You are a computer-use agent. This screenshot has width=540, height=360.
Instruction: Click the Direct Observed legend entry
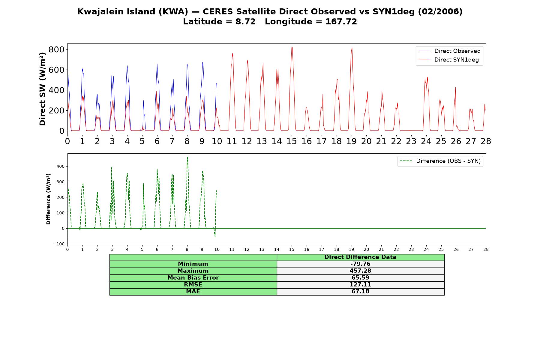pyautogui.click(x=449, y=51)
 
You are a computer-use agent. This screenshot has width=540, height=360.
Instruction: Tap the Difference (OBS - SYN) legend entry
pyautogui.click(x=440, y=161)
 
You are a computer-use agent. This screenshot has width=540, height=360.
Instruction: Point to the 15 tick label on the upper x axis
pyautogui.click(x=292, y=141)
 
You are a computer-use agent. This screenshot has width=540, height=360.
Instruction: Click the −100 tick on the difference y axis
pyautogui.click(x=59, y=244)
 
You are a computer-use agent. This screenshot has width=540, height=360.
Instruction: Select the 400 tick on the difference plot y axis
pyautogui.click(x=61, y=166)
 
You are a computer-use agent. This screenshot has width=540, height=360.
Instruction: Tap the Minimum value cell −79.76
pyautogui.click(x=360, y=264)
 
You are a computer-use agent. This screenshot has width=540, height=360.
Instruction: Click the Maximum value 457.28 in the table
pyautogui.click(x=360, y=271)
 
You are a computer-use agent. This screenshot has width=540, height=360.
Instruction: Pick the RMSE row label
pyautogui.click(x=193, y=285)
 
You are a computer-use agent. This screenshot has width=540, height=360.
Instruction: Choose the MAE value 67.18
pyautogui.click(x=360, y=292)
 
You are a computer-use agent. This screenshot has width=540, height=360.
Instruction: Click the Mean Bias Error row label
pyautogui.click(x=193, y=278)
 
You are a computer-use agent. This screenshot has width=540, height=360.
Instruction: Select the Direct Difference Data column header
pyautogui.click(x=360, y=257)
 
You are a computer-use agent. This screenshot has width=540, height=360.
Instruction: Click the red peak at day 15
pyautogui.click(x=292, y=47)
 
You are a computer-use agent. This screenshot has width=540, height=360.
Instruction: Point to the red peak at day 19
pyautogui.click(x=352, y=48)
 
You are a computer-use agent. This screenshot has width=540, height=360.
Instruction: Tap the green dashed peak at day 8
pyautogui.click(x=187, y=157)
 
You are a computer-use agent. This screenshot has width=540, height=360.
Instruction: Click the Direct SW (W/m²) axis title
pyautogui.click(x=42, y=89)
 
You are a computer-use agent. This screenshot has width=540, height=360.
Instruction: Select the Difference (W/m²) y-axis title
pyautogui.click(x=48, y=199)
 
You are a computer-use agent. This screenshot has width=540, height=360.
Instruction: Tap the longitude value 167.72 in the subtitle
pyautogui.click(x=341, y=22)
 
